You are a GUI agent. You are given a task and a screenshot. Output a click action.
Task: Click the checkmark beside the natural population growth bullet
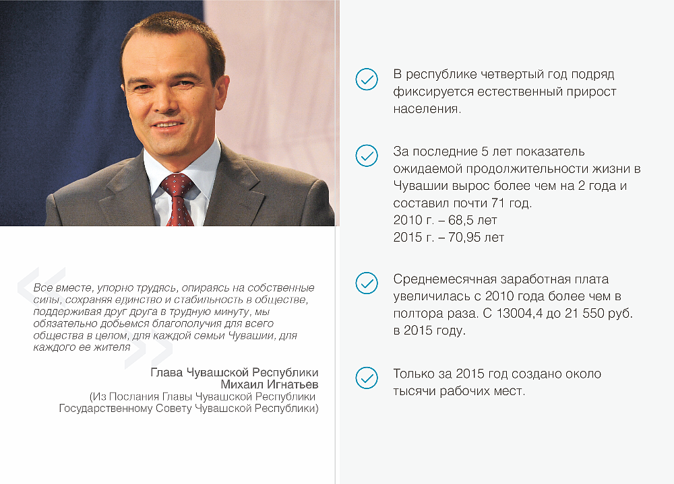(x=367, y=79)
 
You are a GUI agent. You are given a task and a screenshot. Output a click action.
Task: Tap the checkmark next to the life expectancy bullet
(x=367, y=155)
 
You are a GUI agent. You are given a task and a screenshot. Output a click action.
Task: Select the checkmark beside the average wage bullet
(x=367, y=283)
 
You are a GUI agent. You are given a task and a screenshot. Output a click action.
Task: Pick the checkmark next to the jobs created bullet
(x=367, y=378)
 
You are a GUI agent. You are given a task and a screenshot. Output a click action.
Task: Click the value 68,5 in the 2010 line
(x=461, y=220)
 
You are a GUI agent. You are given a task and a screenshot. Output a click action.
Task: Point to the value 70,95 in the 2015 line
(x=464, y=238)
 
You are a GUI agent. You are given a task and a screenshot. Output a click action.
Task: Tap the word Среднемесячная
(x=445, y=279)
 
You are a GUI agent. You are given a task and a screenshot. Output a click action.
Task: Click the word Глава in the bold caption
(x=166, y=372)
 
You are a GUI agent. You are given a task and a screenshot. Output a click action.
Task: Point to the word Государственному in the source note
(x=106, y=409)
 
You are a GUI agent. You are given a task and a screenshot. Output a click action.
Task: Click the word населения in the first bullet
(x=427, y=109)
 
